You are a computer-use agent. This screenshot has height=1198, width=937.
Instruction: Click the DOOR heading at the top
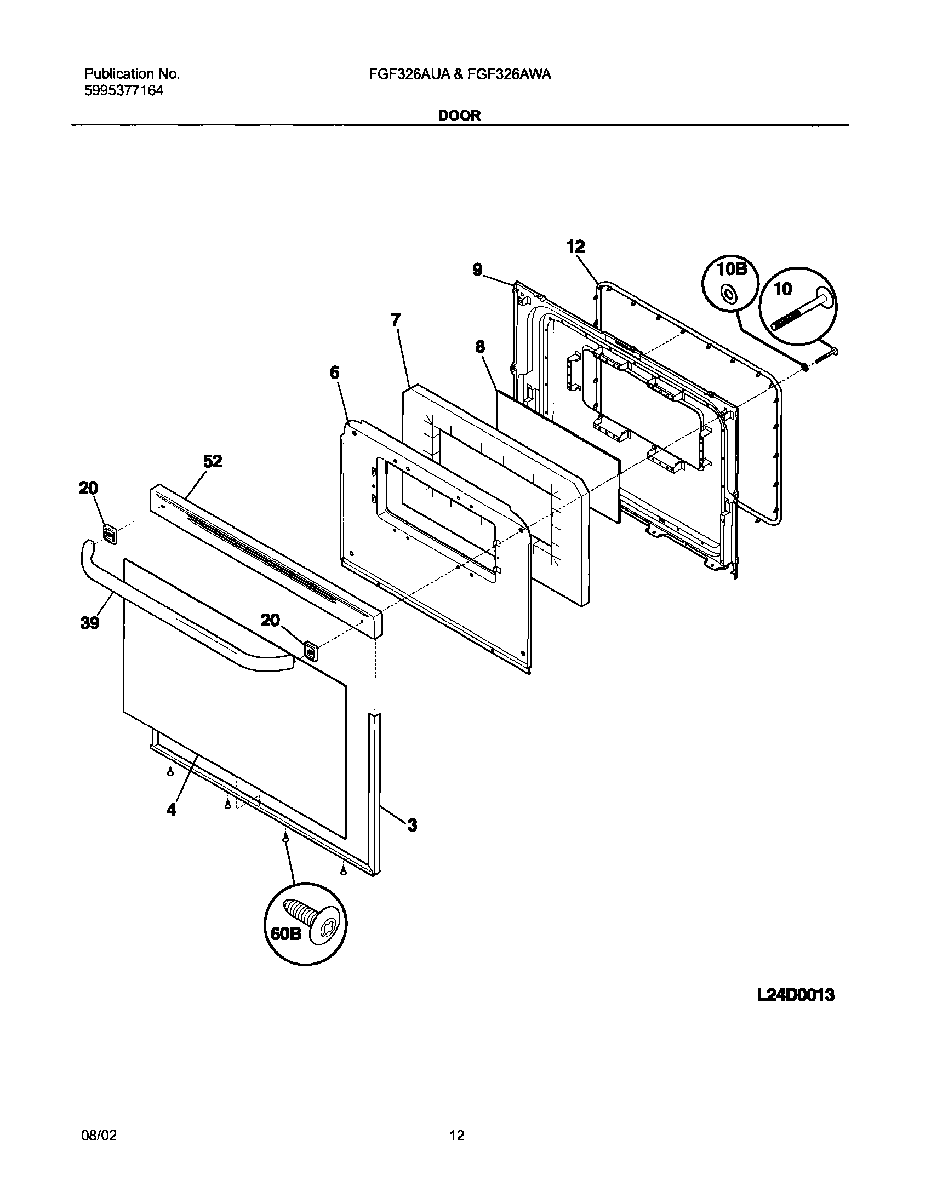click(x=459, y=116)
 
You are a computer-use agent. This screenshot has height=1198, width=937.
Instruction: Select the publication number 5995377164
click(x=124, y=91)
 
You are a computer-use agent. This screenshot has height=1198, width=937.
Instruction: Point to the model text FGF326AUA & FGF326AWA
click(x=460, y=74)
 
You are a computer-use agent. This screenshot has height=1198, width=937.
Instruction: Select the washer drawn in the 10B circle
click(x=729, y=295)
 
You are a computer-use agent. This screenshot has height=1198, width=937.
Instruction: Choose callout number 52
click(x=213, y=462)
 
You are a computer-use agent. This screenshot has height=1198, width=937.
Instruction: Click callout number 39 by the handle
click(x=90, y=623)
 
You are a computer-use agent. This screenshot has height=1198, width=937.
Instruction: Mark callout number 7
click(x=396, y=320)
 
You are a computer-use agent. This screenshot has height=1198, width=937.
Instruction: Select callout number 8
click(x=480, y=347)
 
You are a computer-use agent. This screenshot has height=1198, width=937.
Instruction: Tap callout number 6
click(x=334, y=373)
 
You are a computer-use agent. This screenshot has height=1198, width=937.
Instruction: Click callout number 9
click(x=477, y=270)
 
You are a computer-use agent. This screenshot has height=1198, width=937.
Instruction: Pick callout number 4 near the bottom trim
click(x=172, y=810)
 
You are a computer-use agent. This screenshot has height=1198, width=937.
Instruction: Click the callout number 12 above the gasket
click(x=576, y=247)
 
